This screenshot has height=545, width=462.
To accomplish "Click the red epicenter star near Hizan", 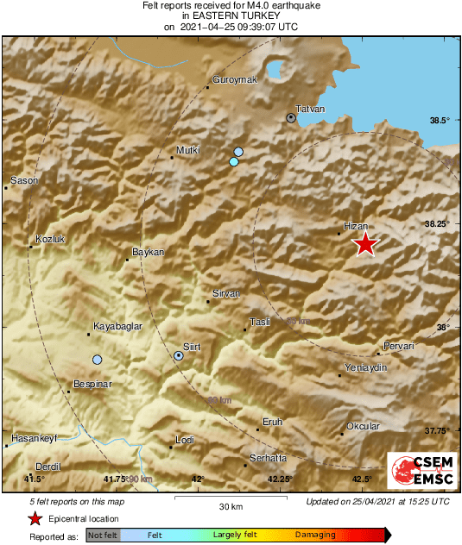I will tap(366, 244).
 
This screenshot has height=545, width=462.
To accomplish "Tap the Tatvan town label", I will tap(311, 109).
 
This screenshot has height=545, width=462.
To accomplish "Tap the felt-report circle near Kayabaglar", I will tap(98, 360).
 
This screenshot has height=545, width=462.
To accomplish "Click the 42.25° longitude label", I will tap(280, 479).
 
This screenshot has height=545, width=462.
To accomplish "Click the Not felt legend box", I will tap(103, 536).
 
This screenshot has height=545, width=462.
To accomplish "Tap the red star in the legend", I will tap(35, 518).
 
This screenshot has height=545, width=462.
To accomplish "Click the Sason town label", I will tap(24, 181).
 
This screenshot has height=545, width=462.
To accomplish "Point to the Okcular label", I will tap(363, 426).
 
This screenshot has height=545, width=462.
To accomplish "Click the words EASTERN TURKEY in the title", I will tap(231, 16).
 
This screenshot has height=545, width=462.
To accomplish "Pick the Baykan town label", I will tap(148, 252).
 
